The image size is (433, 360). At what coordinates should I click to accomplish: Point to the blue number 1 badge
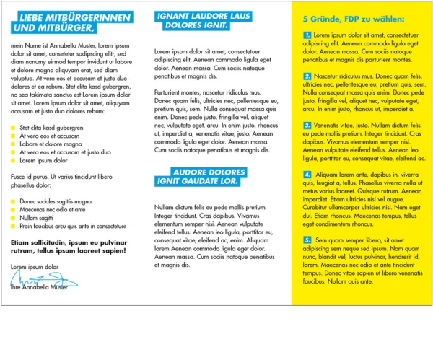[307, 35]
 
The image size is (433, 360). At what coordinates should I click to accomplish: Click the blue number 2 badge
[307, 76]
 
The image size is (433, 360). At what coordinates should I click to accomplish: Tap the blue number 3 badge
[307, 125]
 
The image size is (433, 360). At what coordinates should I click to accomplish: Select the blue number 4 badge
[307, 174]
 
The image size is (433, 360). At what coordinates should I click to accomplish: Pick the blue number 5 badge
[307, 239]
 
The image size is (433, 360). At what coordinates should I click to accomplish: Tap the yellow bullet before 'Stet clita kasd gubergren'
[12, 128]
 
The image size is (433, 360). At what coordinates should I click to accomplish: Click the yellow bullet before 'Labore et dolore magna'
[12, 144]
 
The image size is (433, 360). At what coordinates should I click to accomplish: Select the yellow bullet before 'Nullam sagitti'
[12, 217]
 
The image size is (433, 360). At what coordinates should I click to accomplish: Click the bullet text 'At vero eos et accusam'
[49, 136]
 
